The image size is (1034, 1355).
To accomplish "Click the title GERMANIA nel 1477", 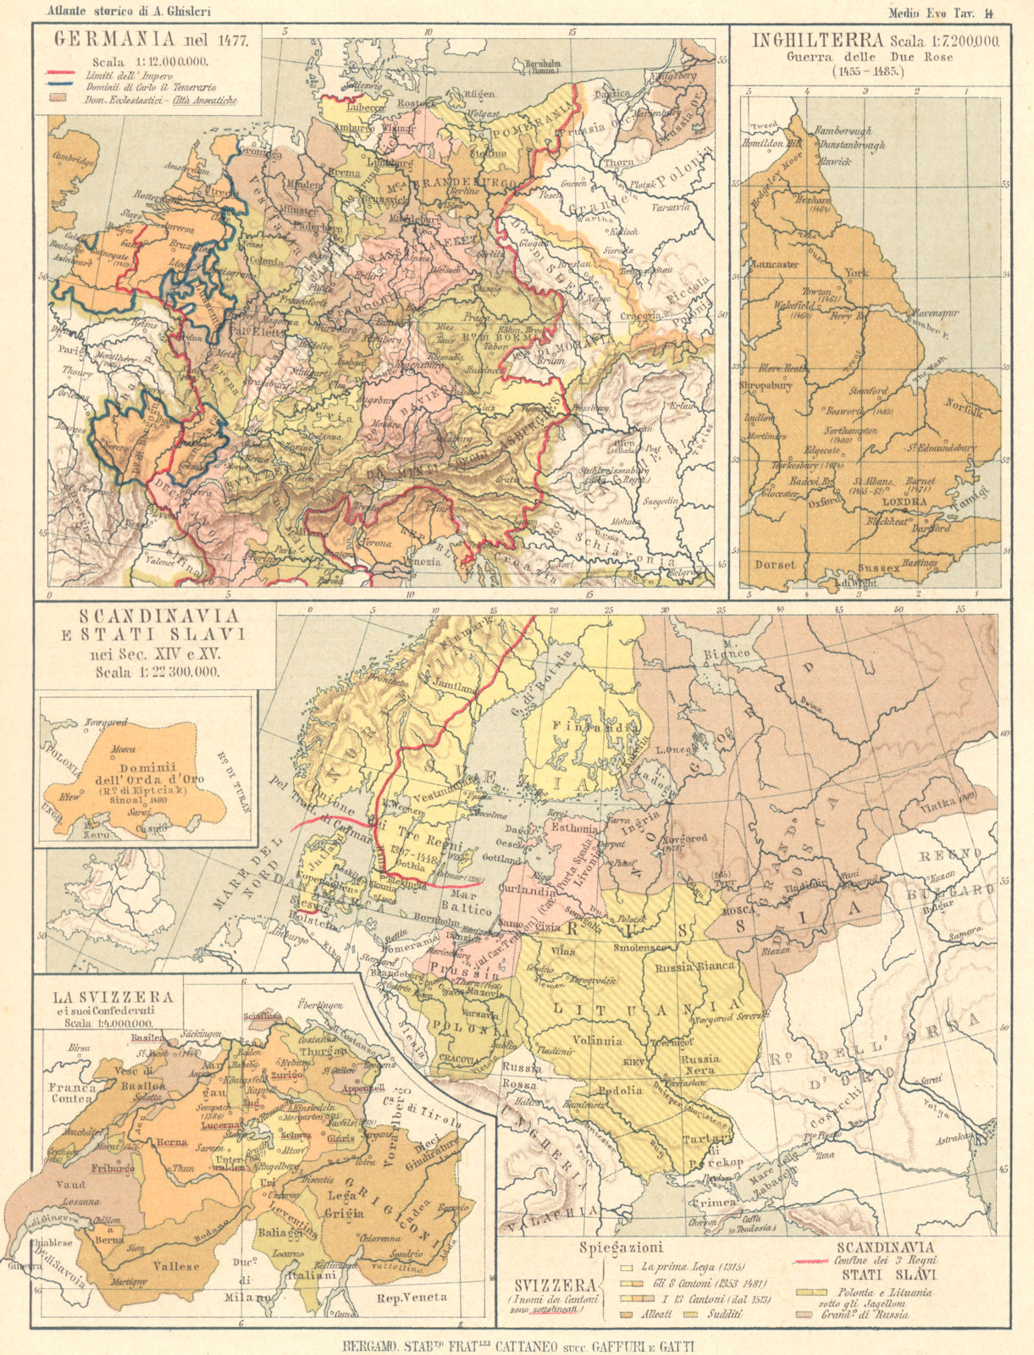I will pyautogui.click(x=148, y=39).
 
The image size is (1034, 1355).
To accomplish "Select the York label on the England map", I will pyautogui.click(x=856, y=274).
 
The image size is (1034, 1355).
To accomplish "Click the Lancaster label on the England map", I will pyautogui.click(x=774, y=264).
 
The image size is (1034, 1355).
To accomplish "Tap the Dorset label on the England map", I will pyautogui.click(x=776, y=564).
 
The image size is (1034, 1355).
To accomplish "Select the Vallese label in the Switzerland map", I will pyautogui.click(x=176, y=1266).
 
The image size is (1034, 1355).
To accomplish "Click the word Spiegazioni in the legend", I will pyautogui.click(x=621, y=1247).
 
